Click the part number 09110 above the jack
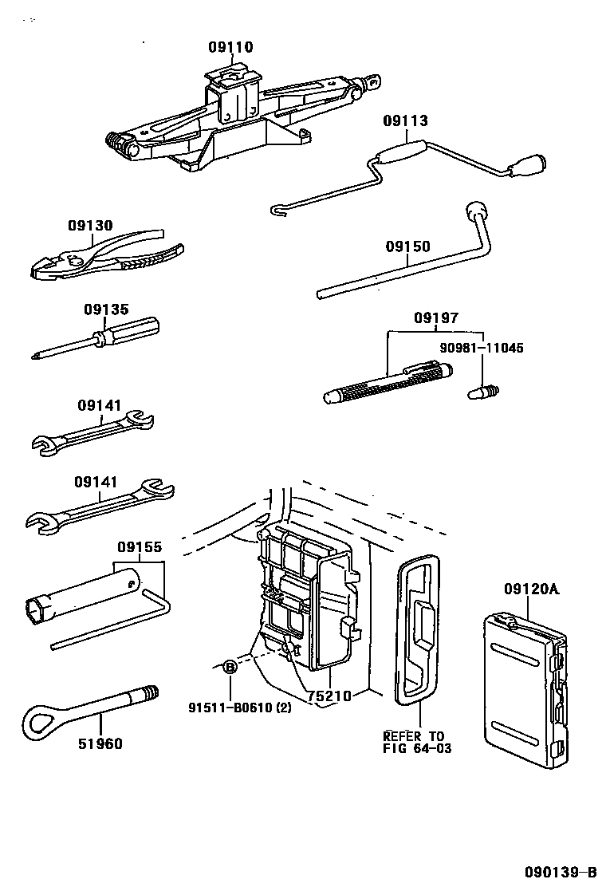coord(230,48)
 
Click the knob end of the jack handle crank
coord(529,165)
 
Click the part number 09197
coord(435,318)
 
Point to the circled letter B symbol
coord(230,667)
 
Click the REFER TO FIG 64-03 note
coord(414,742)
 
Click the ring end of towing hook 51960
coord(39,719)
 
